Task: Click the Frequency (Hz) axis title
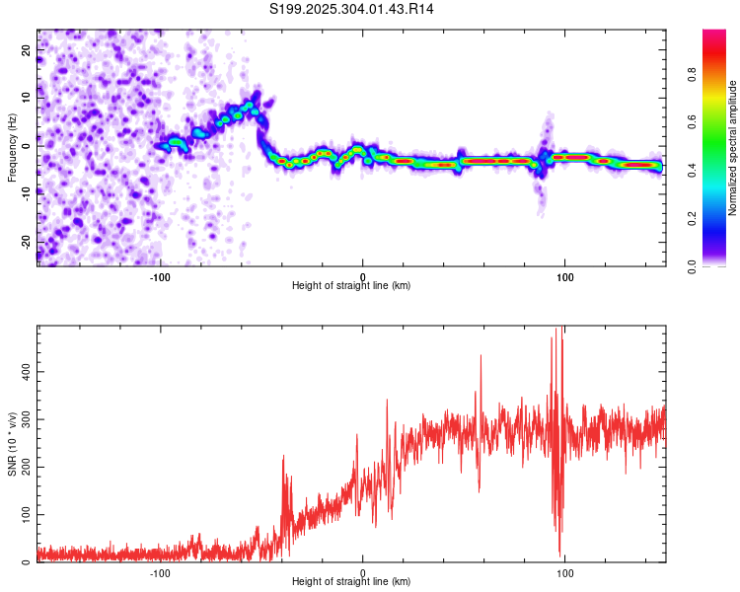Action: tap(12, 148)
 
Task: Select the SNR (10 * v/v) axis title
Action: tap(12, 445)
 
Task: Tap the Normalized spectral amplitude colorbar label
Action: tap(733, 148)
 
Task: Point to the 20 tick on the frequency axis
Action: tap(27, 48)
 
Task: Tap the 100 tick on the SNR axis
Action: tap(23, 515)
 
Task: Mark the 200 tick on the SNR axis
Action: tap(23, 467)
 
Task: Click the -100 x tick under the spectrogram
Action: tap(160, 276)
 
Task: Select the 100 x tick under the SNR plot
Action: tap(565, 573)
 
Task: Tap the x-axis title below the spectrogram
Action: tap(351, 286)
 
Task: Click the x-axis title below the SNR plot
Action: tap(351, 582)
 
